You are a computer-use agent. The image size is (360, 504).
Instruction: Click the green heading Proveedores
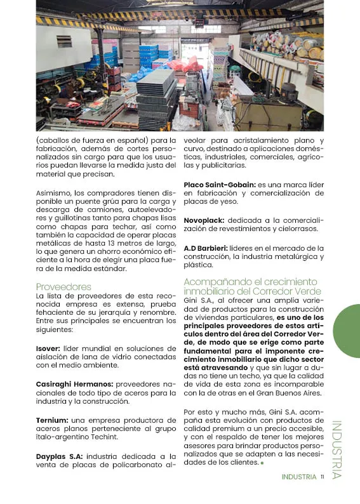(63, 286)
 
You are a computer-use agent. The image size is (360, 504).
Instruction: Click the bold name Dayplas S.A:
(59, 456)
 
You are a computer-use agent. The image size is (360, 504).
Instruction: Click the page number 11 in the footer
(323, 477)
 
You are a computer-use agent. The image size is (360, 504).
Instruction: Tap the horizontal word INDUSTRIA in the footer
(298, 477)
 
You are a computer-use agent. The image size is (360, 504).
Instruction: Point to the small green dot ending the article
(262, 463)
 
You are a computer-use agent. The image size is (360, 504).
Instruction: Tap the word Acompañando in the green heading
(214, 281)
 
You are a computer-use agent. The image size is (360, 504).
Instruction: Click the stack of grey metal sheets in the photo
(155, 89)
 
